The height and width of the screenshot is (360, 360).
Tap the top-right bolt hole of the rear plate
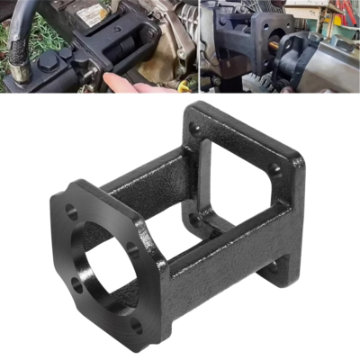pyautogui.click(x=275, y=168)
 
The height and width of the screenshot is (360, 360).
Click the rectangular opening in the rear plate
pyautogui.click(x=236, y=184)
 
